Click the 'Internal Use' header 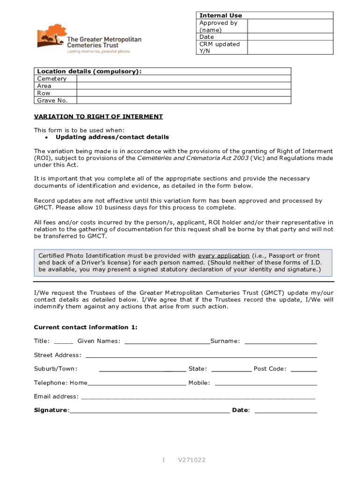click(x=221, y=15)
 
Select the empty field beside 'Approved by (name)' click(x=289, y=26)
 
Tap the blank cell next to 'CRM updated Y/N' click(x=289, y=47)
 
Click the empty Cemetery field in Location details click(x=183, y=79)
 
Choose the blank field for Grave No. click(x=183, y=100)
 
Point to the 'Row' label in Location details click(x=43, y=93)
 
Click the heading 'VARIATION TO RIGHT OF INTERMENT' click(x=98, y=116)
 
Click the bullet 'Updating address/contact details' click(x=112, y=137)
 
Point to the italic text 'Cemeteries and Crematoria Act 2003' click(x=193, y=158)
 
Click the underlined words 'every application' click(x=223, y=256)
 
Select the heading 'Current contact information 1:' click(x=86, y=327)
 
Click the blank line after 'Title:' click(x=64, y=342)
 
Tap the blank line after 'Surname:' click(x=281, y=342)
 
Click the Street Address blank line click(x=201, y=356)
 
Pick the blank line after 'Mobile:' click(x=265, y=384)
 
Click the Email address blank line click(x=198, y=398)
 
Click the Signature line click(x=150, y=411)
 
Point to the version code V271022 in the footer click(x=192, y=460)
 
